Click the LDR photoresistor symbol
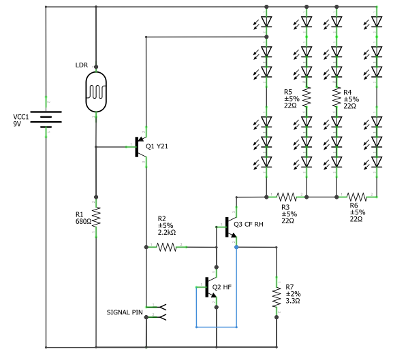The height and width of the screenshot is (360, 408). coord(96,91)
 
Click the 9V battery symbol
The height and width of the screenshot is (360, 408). coord(46,120)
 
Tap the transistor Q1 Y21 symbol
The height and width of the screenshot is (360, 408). coord(140,146)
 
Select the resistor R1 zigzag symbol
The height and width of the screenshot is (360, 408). coord(96,218)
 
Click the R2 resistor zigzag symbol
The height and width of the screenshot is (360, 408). coord(168,248)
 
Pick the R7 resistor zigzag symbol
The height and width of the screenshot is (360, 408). coord(277,297)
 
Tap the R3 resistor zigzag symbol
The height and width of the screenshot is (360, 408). coord(285,197)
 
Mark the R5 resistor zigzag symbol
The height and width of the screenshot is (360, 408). coord(307,97)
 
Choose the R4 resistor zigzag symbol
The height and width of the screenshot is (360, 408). coord(336,97)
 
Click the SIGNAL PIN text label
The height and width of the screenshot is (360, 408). coord(125,312)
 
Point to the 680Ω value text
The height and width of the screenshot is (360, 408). coord(83,221)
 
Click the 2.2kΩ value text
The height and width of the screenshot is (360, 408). coord(167,233)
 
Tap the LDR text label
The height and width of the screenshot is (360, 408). coord(82,65)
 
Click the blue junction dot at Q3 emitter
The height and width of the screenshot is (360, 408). coord(236,248)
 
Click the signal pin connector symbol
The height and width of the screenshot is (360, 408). coord(158,312)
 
